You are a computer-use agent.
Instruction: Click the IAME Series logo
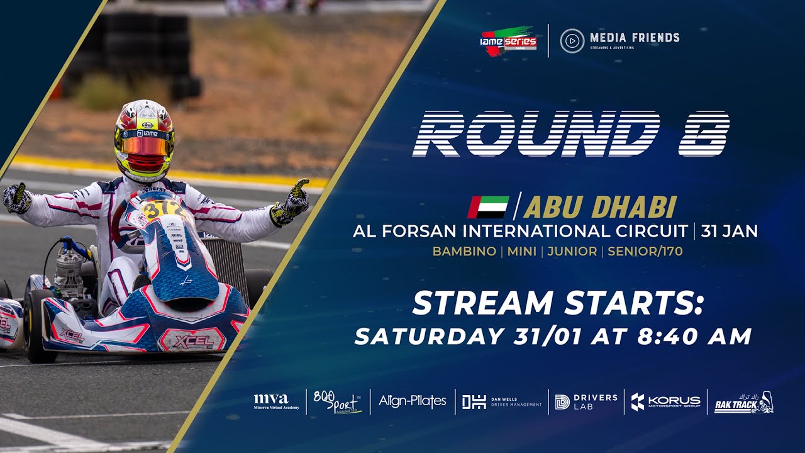(509, 42)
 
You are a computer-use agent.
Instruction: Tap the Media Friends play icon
(572, 41)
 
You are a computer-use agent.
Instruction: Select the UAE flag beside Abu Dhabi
(488, 207)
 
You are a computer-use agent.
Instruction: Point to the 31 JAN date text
(729, 231)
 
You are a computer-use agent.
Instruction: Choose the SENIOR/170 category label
(645, 252)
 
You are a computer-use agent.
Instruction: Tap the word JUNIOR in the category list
(572, 252)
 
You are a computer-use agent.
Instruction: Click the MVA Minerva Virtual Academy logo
(271, 401)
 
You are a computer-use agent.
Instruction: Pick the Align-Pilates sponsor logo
(413, 401)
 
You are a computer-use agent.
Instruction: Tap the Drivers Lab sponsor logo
(586, 401)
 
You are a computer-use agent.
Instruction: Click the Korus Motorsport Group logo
(665, 401)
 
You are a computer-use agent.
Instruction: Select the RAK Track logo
(744, 403)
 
